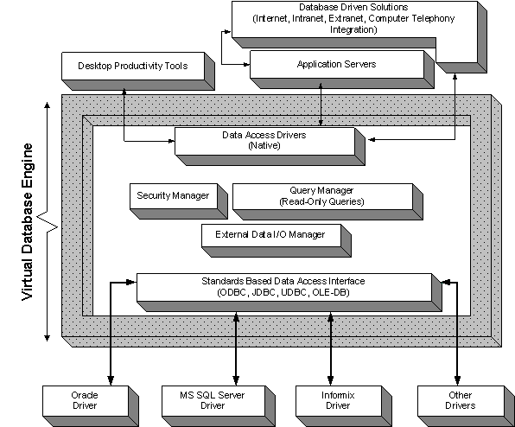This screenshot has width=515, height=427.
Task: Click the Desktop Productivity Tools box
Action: [138, 71]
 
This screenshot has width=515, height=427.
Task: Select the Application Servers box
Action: [342, 69]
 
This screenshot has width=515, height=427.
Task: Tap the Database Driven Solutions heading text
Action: [353, 7]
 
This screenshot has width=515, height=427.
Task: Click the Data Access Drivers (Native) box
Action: [270, 146]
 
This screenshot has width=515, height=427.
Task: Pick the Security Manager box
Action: [179, 201]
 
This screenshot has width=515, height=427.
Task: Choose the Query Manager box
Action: [327, 201]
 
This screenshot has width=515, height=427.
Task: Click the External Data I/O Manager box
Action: [277, 240]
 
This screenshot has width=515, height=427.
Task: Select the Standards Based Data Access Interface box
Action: [289, 292]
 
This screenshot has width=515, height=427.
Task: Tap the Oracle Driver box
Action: [91, 406]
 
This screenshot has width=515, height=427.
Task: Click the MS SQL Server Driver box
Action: [219, 406]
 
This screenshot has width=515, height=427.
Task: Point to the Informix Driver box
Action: [344, 406]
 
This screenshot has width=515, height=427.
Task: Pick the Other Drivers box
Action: [466, 406]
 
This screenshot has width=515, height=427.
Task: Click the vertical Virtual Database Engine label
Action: [28, 221]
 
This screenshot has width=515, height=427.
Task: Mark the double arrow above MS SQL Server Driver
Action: [236, 349]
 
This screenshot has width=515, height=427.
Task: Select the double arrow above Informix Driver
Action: [330, 349]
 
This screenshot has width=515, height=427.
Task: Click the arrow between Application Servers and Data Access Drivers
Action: [321, 105]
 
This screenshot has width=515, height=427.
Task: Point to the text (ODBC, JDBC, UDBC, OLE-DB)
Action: [283, 292]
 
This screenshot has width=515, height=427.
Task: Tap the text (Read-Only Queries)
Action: [321, 201]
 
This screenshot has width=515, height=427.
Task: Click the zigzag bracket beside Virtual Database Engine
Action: [47, 221]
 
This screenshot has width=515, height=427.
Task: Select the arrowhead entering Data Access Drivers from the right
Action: [372, 140]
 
